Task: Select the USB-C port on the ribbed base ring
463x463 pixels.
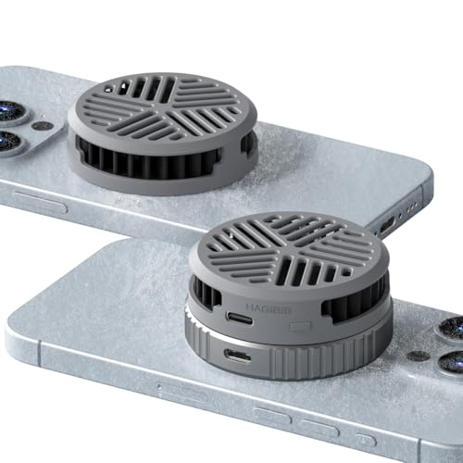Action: click(x=238, y=356)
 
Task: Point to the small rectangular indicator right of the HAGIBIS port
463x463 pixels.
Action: click(x=297, y=326)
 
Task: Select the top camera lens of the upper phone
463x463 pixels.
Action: click(x=9, y=109)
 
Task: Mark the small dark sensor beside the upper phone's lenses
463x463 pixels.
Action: click(x=42, y=125)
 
